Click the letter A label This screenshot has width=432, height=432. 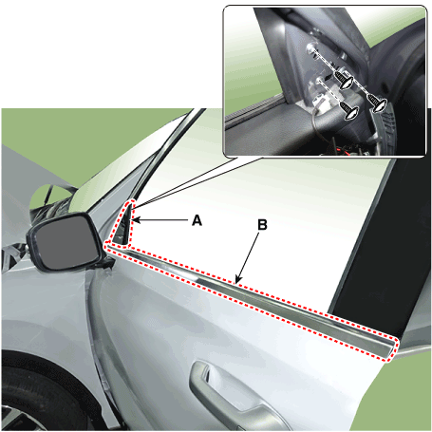click(197, 219)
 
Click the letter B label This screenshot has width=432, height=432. click(262, 226)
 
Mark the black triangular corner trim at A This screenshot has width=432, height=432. click(125, 224)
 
